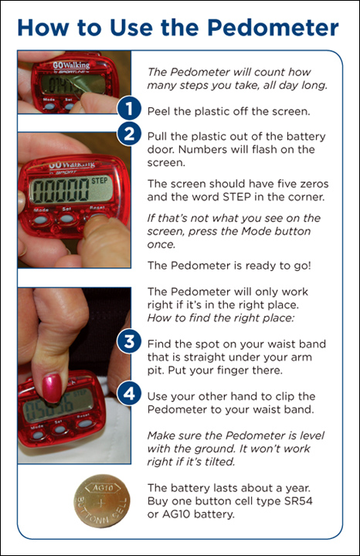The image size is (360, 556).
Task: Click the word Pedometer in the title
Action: pos(273,29)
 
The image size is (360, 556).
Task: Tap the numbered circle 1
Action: pos(129,109)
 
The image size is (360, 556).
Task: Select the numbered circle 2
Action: pos(129,134)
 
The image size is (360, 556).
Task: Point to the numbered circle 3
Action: pos(129,341)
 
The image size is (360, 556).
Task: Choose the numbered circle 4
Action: pos(129,394)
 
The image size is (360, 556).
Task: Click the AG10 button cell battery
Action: pos(102,501)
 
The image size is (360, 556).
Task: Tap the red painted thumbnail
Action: pos(52,388)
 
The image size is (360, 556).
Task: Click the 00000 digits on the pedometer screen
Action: pos(60,190)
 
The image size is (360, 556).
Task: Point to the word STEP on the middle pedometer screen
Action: pos(100,181)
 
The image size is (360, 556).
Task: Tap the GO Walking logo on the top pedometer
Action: pos(71,65)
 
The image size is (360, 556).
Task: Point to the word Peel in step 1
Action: pos(159,111)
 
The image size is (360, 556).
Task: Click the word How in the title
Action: pos(43,29)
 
